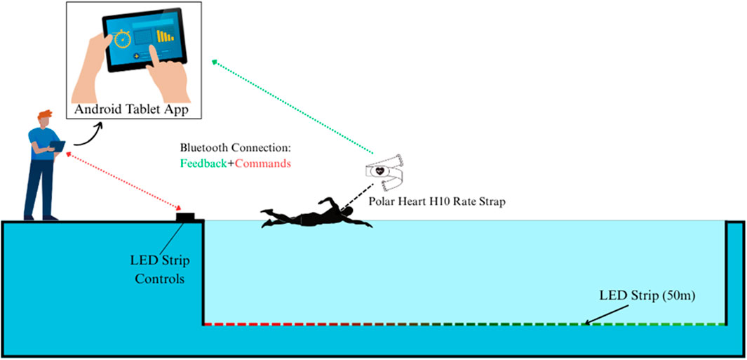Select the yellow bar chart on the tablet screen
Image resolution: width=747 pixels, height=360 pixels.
(x=166, y=35)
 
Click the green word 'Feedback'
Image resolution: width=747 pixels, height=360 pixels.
(x=203, y=163)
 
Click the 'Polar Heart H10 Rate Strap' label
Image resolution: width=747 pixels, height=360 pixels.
(x=437, y=201)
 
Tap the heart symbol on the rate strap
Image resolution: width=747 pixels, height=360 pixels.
(x=381, y=171)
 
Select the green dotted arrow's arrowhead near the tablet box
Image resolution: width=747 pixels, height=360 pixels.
(x=214, y=64)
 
